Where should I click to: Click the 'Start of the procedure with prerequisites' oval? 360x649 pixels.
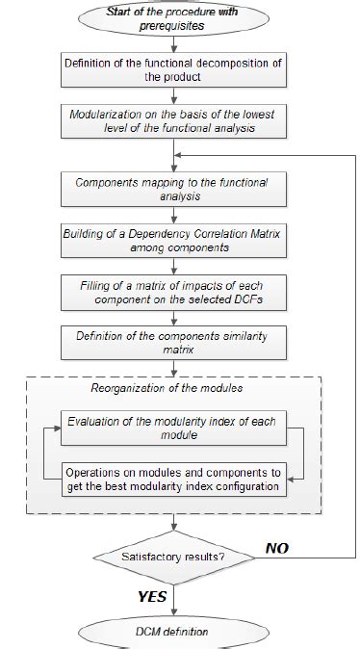point(173,20)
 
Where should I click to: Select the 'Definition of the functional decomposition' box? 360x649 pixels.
point(173,71)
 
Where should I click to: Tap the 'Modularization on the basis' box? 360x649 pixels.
point(173,120)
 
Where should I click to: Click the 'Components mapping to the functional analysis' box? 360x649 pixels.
point(173,188)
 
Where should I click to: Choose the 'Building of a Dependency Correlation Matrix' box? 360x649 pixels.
point(173,241)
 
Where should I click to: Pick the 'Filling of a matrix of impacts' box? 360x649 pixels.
point(173,293)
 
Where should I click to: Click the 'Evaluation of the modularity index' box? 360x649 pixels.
point(173,428)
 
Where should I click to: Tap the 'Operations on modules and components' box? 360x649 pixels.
point(173,479)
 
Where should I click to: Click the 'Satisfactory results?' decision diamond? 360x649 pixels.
point(173,556)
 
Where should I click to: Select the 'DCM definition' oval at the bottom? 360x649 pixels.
point(173,630)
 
